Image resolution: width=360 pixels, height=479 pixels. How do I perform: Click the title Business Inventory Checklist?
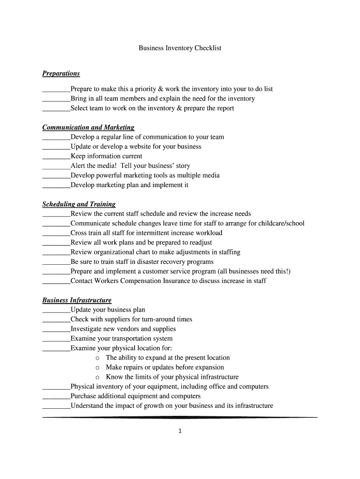(x=180, y=48)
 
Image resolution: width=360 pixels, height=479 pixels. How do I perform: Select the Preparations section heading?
(x=61, y=73)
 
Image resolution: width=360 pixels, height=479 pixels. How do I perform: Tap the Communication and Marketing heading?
(x=88, y=127)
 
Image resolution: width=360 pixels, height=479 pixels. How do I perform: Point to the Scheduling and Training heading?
(x=79, y=204)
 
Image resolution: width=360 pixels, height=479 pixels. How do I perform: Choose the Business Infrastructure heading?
(x=77, y=300)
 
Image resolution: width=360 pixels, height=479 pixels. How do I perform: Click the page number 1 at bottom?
(x=180, y=431)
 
